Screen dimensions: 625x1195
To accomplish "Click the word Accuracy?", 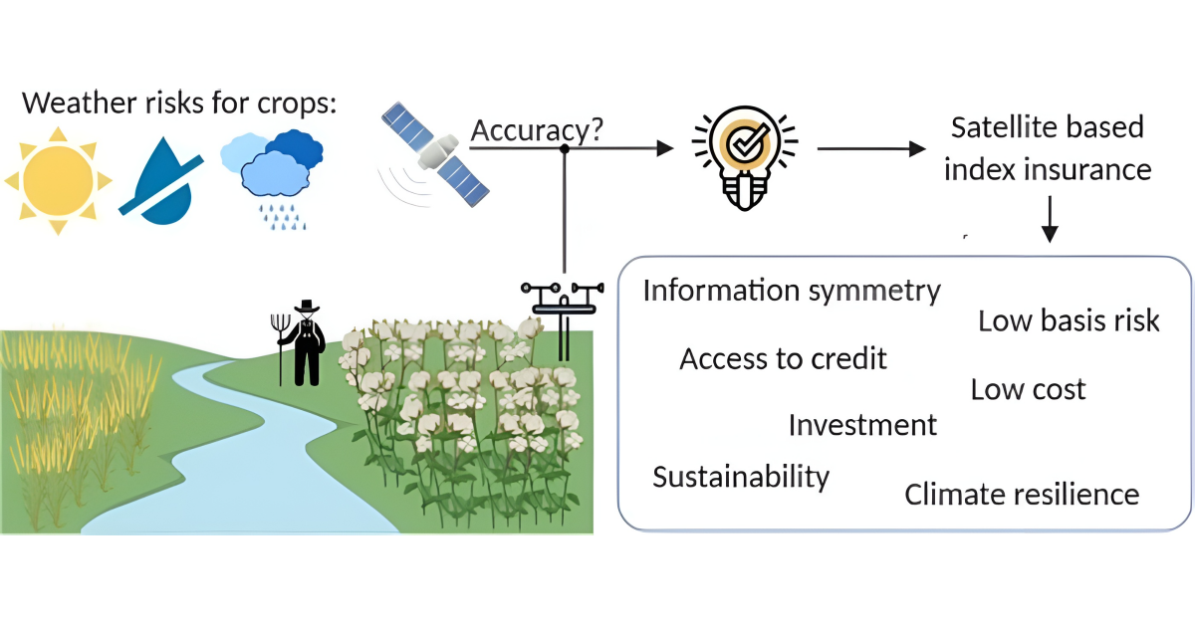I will (x=537, y=130).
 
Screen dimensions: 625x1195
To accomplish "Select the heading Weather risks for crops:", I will (x=179, y=103).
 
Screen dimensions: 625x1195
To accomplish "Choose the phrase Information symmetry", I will (x=791, y=291).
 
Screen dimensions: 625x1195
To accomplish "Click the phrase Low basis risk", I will (x=1069, y=320).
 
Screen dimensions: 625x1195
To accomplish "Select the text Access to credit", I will (x=783, y=358).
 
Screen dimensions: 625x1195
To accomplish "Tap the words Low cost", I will (x=1028, y=389).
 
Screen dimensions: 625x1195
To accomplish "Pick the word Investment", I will (x=862, y=425).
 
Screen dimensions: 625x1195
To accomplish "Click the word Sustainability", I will (x=740, y=477).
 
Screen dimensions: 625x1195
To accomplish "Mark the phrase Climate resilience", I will (x=1021, y=494).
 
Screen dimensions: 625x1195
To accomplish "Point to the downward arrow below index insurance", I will (x=1049, y=220).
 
